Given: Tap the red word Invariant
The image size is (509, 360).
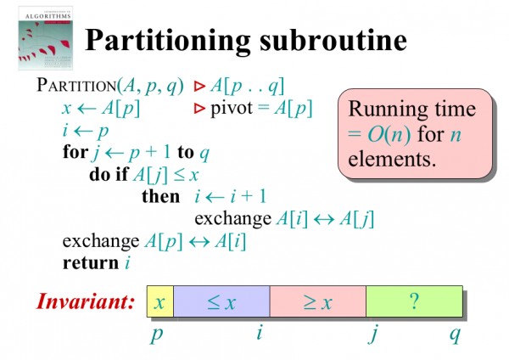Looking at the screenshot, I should (x=86, y=301).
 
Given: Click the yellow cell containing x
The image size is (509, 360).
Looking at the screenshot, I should (x=159, y=302).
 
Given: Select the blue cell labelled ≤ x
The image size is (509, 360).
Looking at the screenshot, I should (x=221, y=302).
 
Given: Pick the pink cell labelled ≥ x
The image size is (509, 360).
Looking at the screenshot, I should (x=316, y=302).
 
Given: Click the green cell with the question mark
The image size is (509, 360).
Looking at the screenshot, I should (x=413, y=302).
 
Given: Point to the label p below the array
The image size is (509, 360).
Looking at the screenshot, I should (x=156, y=335).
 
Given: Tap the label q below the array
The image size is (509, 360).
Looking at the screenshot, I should (x=455, y=335).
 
